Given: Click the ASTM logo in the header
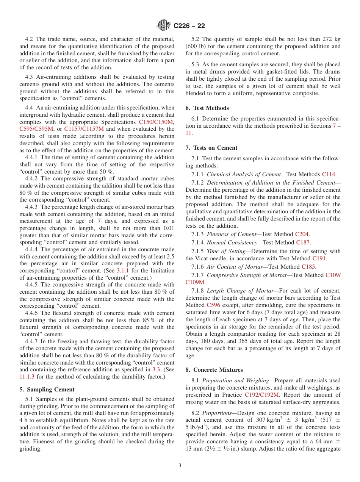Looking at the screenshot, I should (x=164, y=26).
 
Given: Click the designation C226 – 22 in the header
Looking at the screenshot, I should (x=189, y=26).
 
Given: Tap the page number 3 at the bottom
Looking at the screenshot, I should (x=180, y=466).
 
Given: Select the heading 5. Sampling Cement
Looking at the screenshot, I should (x=47, y=390).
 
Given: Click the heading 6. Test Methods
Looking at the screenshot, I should (x=211, y=108).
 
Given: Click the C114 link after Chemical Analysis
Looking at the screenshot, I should (x=329, y=174).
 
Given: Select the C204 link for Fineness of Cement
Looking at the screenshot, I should (x=302, y=234).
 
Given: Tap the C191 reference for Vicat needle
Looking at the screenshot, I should (x=319, y=258).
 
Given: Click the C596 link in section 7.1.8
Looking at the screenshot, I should (x=213, y=305).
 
